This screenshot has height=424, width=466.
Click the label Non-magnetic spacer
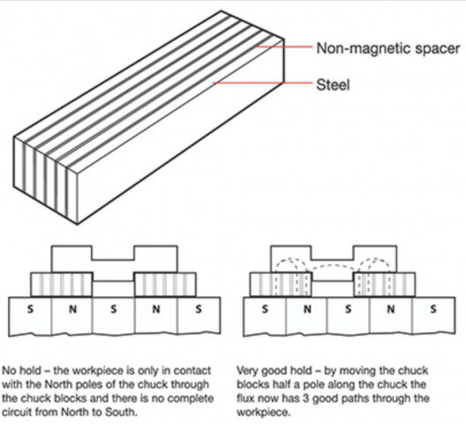click(x=388, y=48)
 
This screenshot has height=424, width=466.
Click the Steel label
click(x=333, y=85)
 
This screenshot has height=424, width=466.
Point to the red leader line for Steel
click(x=262, y=83)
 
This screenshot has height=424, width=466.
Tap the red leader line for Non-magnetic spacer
click(x=283, y=47)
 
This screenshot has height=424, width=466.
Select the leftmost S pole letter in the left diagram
click(x=30, y=309)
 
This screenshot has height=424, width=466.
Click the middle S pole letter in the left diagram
click(x=113, y=309)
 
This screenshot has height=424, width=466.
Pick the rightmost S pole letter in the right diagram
click(x=433, y=309)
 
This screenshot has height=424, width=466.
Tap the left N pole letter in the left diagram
click(x=72, y=309)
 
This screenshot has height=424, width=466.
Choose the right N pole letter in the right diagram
click(x=391, y=309)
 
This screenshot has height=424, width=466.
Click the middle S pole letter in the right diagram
click(x=348, y=309)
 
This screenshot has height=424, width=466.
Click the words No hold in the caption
click(x=21, y=370)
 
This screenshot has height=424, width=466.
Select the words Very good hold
click(x=274, y=371)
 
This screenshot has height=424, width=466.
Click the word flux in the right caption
click(x=245, y=398)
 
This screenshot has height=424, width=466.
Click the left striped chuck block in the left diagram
click(x=62, y=285)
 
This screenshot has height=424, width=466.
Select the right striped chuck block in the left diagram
click(x=165, y=285)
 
